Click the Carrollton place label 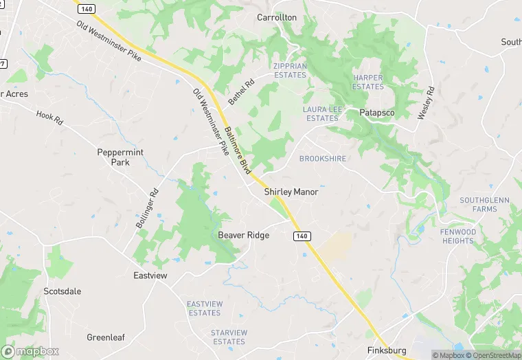tap(277, 16)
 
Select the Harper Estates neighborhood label tap(368, 82)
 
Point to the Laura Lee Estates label tap(321, 113)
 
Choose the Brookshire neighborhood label tap(323, 159)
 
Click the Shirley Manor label tap(291, 192)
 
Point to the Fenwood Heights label tap(458, 236)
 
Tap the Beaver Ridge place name tap(244, 235)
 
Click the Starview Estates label tap(229, 337)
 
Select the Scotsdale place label tap(63, 291)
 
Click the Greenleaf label tap(104, 337)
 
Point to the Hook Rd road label tap(49, 118)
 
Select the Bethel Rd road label tap(241, 92)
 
